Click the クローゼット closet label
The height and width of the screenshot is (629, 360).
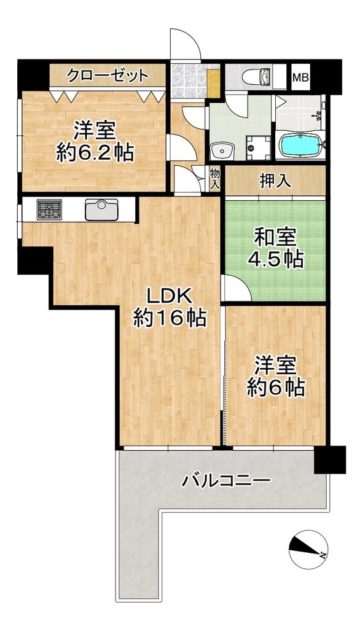108,75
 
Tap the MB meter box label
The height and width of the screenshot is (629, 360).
300,77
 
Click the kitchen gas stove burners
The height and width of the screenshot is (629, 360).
49,210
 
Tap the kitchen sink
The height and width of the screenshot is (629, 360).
101,209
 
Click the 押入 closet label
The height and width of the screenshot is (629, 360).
275,182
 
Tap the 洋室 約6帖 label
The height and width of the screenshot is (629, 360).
275,377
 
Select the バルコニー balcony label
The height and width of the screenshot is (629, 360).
225,480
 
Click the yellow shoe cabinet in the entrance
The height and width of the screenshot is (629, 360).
214,84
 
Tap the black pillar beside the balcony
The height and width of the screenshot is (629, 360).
331,459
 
